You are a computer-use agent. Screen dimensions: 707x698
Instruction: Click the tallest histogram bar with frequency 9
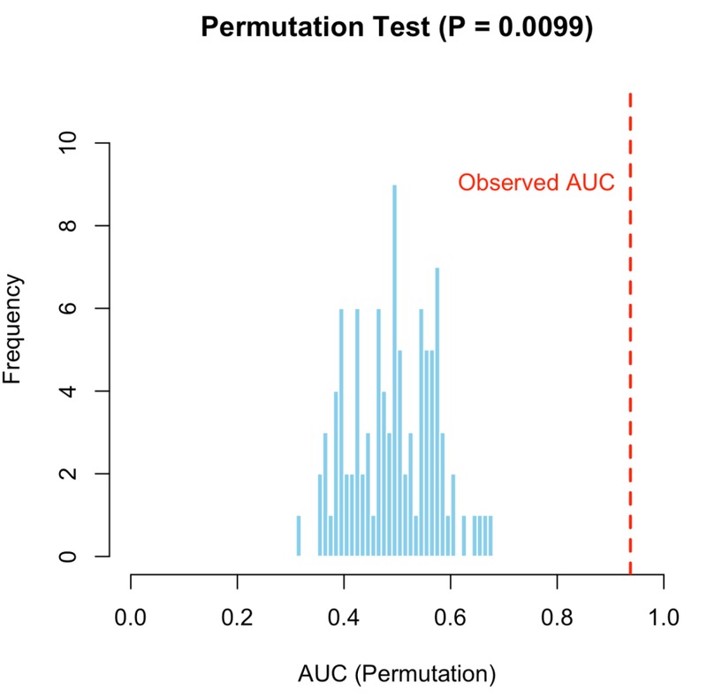pos(394,370)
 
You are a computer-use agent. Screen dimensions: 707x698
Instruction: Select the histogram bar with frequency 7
pos(437,412)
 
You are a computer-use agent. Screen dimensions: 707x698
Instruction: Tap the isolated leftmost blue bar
pos(299,535)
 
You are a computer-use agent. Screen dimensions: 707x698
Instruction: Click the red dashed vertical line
pos(630,334)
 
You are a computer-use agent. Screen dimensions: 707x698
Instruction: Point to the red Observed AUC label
pos(536,183)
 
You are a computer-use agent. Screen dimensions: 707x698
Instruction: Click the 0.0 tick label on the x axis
pos(130,618)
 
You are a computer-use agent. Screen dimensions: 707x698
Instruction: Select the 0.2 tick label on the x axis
pos(237,618)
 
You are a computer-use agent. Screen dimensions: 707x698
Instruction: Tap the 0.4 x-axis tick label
pos(344,618)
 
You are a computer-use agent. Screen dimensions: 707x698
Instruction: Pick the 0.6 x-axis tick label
pos(450,618)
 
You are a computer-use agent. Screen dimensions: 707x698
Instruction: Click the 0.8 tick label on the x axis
pos(557,618)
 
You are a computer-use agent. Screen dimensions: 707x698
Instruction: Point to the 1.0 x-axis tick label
pos(664,618)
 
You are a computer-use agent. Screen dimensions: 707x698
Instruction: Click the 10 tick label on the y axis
pos(68,143)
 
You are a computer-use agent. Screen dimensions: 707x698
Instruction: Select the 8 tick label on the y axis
pos(68,225)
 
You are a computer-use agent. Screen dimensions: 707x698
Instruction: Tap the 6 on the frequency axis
pos(68,308)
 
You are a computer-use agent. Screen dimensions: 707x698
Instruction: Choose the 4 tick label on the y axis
pos(68,391)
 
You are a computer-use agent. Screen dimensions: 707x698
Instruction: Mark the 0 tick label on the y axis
pos(68,557)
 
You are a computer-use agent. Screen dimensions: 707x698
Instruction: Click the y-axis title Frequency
pos(12,329)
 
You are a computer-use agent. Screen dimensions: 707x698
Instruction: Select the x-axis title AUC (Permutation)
pos(397,674)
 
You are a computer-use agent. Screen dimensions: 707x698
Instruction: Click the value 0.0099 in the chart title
pos(541,27)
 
